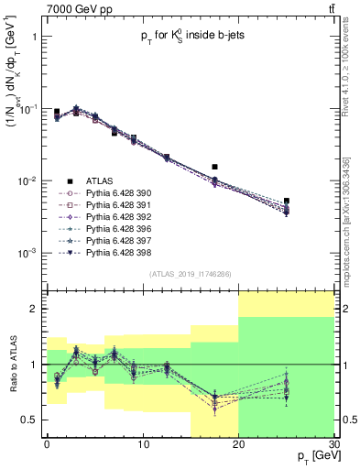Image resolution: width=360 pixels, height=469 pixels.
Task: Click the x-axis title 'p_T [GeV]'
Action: click(x=311, y=455)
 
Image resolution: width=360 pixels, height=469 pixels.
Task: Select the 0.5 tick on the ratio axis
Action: click(x=32, y=420)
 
